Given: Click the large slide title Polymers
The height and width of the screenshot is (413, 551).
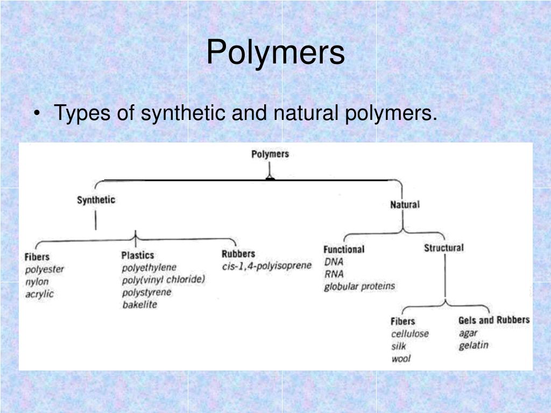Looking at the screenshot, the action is [275, 53].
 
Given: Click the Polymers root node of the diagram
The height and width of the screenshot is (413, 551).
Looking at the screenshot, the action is [270, 154].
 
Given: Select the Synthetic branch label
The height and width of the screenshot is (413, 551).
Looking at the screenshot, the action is [96, 200].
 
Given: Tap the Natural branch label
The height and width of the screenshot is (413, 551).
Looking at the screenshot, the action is [405, 204].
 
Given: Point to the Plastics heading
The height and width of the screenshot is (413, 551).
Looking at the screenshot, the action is [137, 255].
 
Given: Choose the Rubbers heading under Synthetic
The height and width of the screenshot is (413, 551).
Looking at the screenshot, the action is [238, 254].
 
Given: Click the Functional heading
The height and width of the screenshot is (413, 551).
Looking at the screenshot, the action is [343, 250].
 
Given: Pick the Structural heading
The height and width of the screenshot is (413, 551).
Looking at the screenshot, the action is [443, 248].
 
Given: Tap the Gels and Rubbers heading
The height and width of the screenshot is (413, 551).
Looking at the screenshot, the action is [493, 320].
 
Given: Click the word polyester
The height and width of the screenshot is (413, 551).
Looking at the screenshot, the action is [44, 269].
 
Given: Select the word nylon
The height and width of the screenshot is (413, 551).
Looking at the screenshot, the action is [37, 282].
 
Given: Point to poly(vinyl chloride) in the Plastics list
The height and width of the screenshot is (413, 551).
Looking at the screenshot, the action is [164, 280].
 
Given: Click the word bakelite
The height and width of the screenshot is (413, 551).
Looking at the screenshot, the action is [139, 305].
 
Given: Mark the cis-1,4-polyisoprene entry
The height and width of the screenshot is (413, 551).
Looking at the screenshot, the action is [266, 266].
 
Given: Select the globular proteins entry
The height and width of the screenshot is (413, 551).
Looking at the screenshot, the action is [359, 286].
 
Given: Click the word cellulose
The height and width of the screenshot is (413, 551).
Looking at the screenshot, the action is [409, 333].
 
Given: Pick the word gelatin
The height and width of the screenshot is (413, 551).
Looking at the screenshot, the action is [474, 345].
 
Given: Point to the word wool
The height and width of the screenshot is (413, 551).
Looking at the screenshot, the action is [400, 358].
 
